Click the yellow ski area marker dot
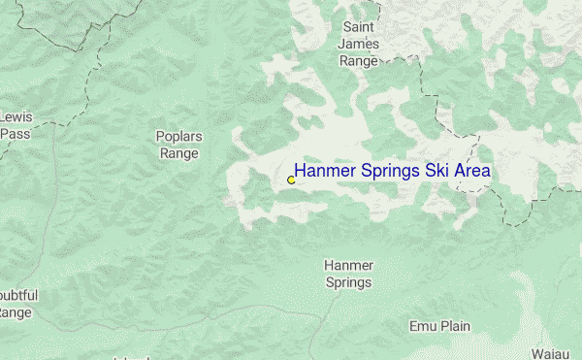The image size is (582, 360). pyautogui.click(x=291, y=180)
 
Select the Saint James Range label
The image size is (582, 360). pyautogui.click(x=358, y=44)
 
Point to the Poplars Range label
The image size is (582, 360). pyautogui.click(x=178, y=145)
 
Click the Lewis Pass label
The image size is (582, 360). pyautogui.click(x=16, y=125)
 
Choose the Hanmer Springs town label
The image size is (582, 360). pyautogui.click(x=348, y=274)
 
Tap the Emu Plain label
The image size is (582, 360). pyautogui.click(x=439, y=326)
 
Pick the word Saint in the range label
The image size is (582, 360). pyautogui.click(x=358, y=27)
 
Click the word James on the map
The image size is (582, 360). pyautogui.click(x=358, y=44)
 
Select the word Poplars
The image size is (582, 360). pyautogui.click(x=178, y=137)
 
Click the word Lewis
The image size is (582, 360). pyautogui.click(x=16, y=117)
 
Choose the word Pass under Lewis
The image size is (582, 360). pyautogui.click(x=15, y=134)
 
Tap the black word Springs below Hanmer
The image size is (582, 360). pyautogui.click(x=348, y=282)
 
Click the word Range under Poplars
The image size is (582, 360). pyautogui.click(x=178, y=153)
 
